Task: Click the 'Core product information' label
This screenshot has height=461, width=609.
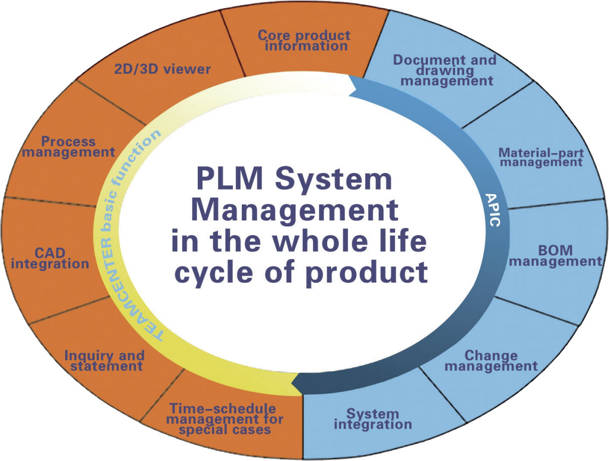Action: pyautogui.click(x=303, y=40)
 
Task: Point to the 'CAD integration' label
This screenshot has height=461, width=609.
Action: pyautogui.click(x=49, y=258)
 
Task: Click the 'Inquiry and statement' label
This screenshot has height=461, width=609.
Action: pyautogui.click(x=104, y=360)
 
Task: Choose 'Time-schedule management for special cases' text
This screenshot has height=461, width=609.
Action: pyautogui.click(x=225, y=419)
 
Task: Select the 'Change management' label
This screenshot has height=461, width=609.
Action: pyautogui.click(x=491, y=360)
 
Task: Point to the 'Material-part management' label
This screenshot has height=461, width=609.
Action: pyautogui.click(x=541, y=157)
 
